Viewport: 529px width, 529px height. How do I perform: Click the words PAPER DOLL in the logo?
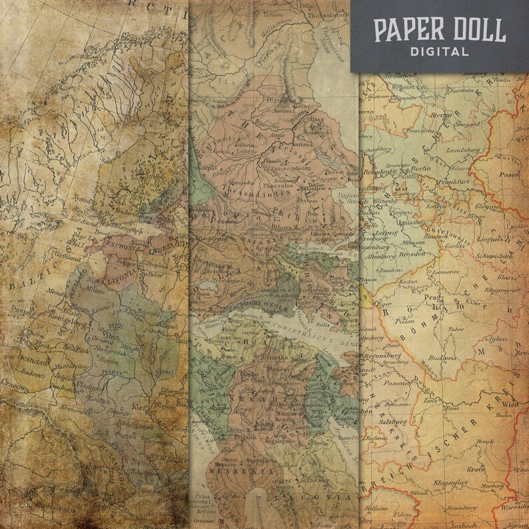[x=439, y=29]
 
